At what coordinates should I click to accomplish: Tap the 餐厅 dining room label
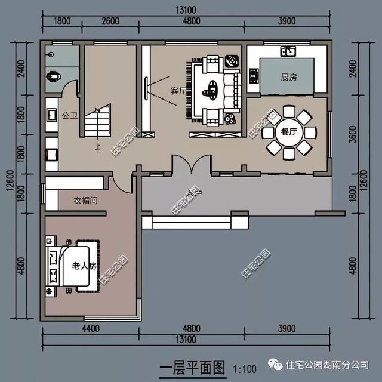coord(288,133)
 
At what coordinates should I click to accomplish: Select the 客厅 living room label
coord(178,91)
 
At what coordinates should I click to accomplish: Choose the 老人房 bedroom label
coord(84,266)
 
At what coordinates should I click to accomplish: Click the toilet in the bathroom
coord(54,76)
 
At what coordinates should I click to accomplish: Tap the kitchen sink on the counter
coord(289,51)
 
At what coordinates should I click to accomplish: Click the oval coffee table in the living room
coord(210,93)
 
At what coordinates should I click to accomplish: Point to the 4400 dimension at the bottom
coord(90,329)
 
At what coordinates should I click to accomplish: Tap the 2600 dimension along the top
coord(109,21)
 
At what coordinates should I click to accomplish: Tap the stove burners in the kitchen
coord(253,76)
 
